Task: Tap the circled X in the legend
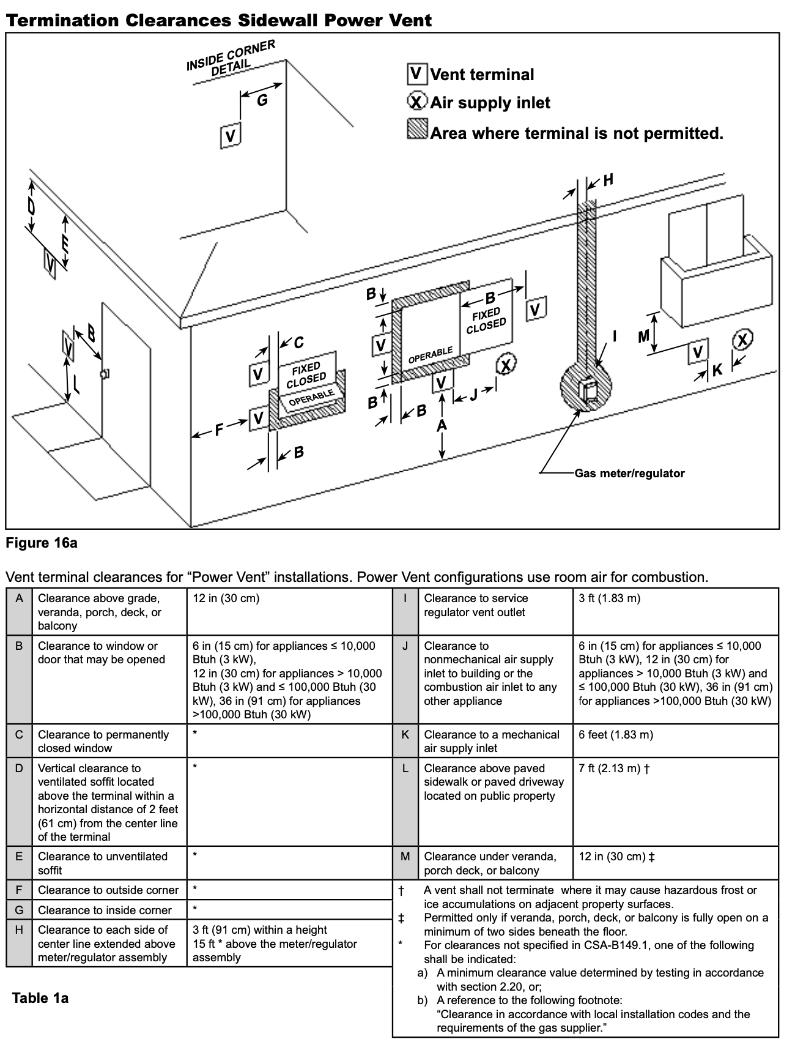point(417,101)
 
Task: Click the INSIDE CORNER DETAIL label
point(231,58)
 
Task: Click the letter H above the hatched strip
point(608,180)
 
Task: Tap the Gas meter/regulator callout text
point(629,473)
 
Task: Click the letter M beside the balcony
point(643,337)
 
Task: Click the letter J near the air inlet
point(473,395)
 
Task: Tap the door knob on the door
point(105,373)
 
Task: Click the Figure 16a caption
point(42,543)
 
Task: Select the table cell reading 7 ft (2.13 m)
point(614,768)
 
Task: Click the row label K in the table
point(405,734)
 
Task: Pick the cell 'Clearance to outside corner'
point(108,890)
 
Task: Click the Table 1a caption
point(40,998)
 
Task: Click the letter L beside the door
point(76,384)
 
